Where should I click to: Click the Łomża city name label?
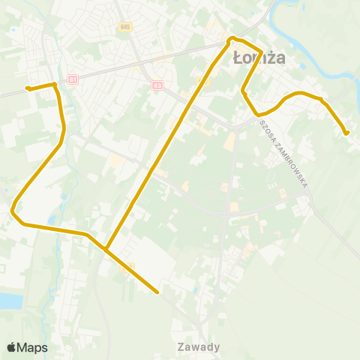coord(259,58)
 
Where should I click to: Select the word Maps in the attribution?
coord(33,347)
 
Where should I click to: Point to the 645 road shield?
coord(124,27)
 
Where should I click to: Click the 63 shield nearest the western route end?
coord(72,78)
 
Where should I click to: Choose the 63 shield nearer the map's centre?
coord(157,85)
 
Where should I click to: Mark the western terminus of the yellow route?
coord(28,88)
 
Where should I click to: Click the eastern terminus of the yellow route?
coord(346,133)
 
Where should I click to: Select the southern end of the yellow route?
coord(157,291)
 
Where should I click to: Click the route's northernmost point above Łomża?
coord(232,37)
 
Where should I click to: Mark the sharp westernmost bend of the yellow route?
coord(13,212)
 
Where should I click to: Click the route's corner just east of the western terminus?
coord(55,85)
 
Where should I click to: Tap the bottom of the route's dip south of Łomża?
coord(259,115)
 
